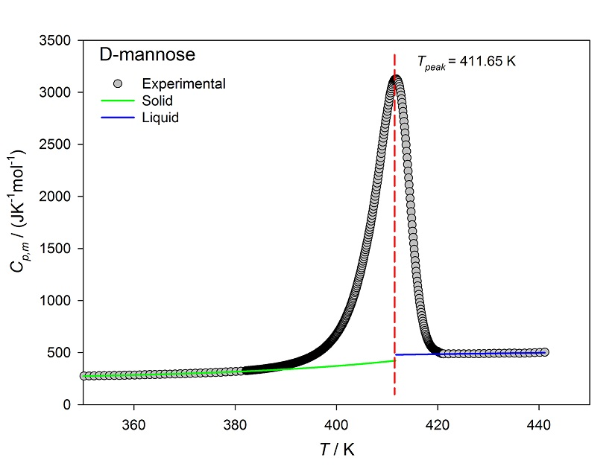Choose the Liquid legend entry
160,118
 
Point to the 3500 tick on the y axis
59,40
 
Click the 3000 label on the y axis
59,92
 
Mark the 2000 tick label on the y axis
59,197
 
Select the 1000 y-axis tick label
59,301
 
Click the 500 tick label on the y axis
62,353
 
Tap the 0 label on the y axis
68,405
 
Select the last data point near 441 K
544,352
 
